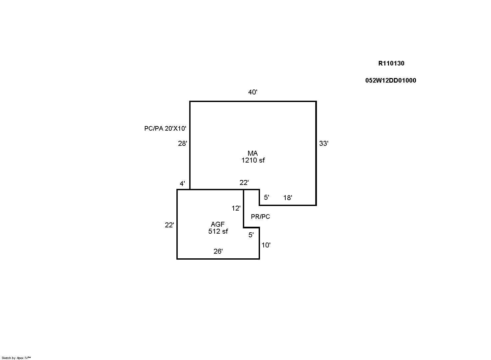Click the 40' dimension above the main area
pos(252,92)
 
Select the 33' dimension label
pos(323,143)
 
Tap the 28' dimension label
pos(182,143)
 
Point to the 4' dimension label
pos(182,184)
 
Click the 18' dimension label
pos(288,198)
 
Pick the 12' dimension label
pos(236,208)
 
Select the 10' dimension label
pos(266,245)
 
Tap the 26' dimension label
pos(218,251)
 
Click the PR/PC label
pos(260,217)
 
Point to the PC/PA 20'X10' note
pos(165,128)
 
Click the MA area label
pos(252,153)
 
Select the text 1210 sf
pos(253,160)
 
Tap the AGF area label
pos(218,224)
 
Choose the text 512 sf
pos(218,231)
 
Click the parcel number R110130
pos(391,64)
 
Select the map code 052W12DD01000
pos(391,81)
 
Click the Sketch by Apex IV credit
pos(16,358)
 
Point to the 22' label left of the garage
pos(169,225)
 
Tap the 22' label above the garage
pos(244,183)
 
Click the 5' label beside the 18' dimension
pos(266,197)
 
